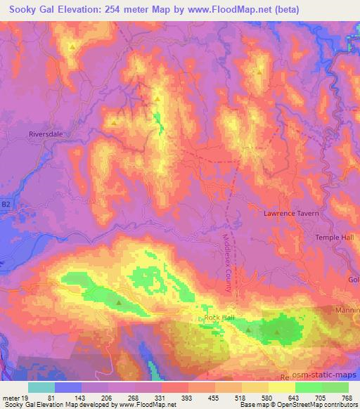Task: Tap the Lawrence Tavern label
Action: click(291, 213)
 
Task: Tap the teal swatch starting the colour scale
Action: click(41, 387)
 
